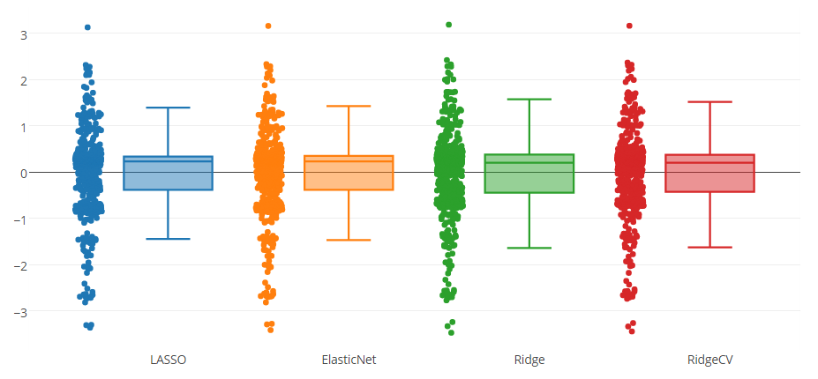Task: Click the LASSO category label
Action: pos(168,360)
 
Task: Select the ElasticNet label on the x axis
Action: pos(349,360)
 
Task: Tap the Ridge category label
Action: pos(529,360)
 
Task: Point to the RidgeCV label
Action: pos(709,360)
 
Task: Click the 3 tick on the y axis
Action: pos(25,34)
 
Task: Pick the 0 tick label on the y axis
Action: pos(25,173)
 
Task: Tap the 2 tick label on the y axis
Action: pos(25,80)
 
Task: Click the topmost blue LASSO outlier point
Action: pos(87,27)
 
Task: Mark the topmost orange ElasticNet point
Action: pos(268,26)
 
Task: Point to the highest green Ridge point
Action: pos(448,25)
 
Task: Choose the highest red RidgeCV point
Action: pos(629,26)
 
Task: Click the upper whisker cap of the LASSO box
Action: pos(168,108)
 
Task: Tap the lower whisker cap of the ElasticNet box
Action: pos(349,240)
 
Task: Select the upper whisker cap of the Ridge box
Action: pos(529,100)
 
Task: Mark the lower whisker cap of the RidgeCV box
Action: pos(709,247)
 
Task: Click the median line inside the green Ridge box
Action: pos(529,163)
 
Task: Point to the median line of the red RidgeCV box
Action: pos(709,163)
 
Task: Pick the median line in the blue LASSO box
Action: pos(168,161)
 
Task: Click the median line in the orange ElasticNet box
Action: pos(349,161)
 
